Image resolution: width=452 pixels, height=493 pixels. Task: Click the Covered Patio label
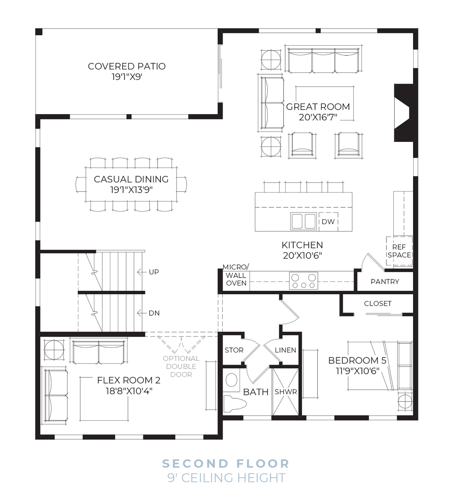coord(126,66)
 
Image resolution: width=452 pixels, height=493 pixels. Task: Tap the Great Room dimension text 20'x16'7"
coord(318,118)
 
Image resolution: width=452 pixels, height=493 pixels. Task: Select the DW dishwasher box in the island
coord(328,221)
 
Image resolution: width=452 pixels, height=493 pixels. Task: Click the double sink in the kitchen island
coord(304,221)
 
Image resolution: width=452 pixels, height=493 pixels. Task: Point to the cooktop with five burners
coord(303,281)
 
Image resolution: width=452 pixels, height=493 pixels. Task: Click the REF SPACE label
coord(399,251)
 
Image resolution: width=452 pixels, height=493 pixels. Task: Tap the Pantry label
coord(385,282)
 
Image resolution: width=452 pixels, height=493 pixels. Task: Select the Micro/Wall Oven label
coord(236,275)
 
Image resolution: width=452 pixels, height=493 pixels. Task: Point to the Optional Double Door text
coord(181,366)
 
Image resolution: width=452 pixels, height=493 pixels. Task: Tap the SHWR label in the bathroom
coord(285,392)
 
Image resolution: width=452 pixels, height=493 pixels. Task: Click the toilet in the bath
coord(234,404)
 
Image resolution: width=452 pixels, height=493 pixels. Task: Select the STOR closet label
coord(234,350)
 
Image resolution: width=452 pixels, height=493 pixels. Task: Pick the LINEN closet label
coord(285,350)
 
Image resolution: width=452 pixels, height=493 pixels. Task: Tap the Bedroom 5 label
coord(357,360)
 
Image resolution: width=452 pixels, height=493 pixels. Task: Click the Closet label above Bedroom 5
coord(378,303)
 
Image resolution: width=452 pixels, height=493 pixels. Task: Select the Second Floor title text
coord(226,464)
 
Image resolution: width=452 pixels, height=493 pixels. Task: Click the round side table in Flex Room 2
coord(54,349)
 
